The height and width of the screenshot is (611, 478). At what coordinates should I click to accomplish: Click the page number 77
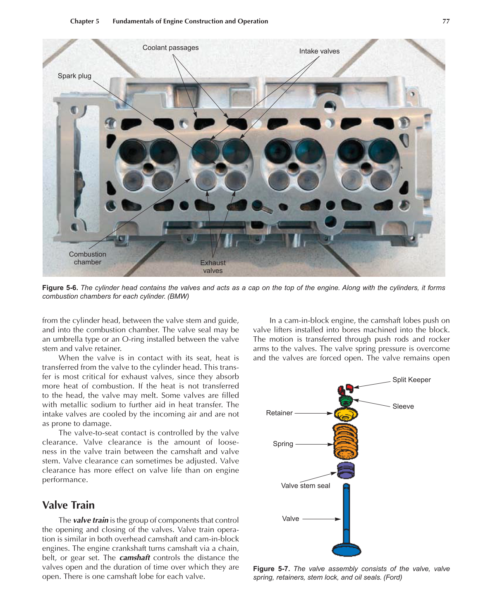(x=446, y=21)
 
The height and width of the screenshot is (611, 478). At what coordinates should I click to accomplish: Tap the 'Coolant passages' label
(x=170, y=48)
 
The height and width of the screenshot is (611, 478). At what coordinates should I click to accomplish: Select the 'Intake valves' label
(x=319, y=52)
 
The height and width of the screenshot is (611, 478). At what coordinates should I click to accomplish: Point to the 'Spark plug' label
(x=74, y=76)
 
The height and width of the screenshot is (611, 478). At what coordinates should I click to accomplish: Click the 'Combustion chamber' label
(x=87, y=258)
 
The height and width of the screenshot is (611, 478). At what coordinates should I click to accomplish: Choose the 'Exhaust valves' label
(x=213, y=266)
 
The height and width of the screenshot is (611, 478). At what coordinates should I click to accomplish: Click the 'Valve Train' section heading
(x=68, y=505)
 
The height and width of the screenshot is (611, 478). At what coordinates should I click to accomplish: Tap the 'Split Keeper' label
(x=411, y=380)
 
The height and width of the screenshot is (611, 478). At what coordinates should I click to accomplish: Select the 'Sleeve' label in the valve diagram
(x=403, y=407)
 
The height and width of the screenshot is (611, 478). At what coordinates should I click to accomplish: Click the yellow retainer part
(x=346, y=414)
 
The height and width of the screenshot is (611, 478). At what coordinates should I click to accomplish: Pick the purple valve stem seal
(x=346, y=471)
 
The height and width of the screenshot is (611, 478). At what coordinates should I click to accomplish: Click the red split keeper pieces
(x=345, y=388)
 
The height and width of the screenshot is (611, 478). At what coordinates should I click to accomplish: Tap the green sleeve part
(x=345, y=401)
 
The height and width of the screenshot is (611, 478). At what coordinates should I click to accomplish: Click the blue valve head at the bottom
(x=347, y=550)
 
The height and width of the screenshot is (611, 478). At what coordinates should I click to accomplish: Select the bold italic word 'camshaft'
(x=134, y=558)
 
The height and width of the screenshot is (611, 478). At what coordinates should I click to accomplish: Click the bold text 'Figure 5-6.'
(x=60, y=288)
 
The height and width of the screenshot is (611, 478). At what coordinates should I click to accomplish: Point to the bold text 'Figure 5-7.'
(x=271, y=569)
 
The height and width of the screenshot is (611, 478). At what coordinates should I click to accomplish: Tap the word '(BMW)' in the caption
(x=178, y=297)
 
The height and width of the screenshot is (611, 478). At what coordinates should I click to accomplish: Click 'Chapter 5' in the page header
(x=84, y=21)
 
